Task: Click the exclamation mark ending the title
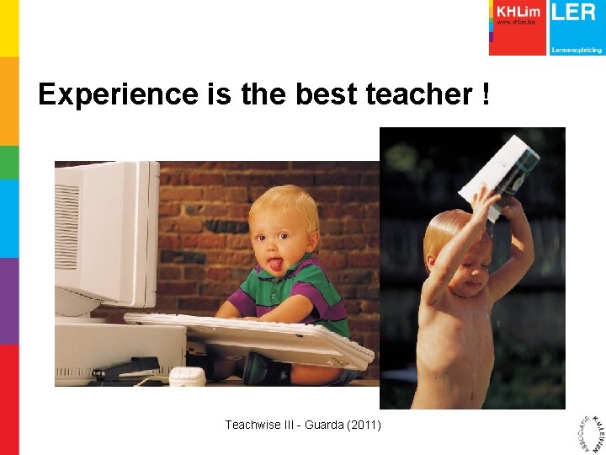(486, 94)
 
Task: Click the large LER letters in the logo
(575, 12)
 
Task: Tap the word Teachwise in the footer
(252, 426)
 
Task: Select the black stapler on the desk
(126, 368)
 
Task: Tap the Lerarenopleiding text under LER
(576, 50)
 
